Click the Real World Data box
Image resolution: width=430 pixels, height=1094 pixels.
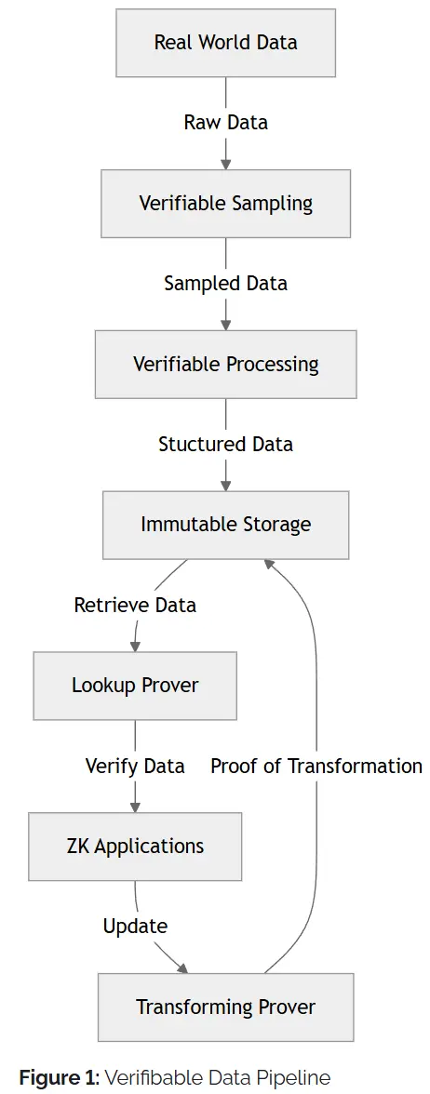coord(225,43)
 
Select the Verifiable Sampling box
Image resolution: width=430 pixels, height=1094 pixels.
coord(225,204)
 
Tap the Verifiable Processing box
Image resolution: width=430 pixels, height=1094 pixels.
coord(225,365)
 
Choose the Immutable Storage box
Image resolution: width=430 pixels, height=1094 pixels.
coord(225,525)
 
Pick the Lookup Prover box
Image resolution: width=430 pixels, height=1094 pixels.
coord(135,685)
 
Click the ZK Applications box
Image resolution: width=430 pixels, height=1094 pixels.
coord(135,847)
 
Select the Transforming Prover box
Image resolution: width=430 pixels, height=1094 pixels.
coord(225,1007)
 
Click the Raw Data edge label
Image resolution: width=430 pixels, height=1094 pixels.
coord(225,123)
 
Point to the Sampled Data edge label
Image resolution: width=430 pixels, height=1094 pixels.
coord(225,283)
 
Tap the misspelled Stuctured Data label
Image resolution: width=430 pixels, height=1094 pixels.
coord(225,445)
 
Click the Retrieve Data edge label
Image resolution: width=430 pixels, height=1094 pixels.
coord(135,605)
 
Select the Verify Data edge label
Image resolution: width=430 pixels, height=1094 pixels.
coord(135,767)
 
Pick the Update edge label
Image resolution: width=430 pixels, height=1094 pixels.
coord(135,927)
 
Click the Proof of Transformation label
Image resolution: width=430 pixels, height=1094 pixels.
coord(316,767)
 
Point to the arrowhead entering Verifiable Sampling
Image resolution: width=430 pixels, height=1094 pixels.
coord(225,164)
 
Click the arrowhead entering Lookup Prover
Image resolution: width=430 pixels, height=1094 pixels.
coord(135,646)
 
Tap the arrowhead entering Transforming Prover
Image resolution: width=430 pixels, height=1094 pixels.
coord(182,968)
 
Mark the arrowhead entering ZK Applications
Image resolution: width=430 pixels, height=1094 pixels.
coord(135,807)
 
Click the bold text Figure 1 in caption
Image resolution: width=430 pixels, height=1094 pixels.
coord(59,1077)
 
